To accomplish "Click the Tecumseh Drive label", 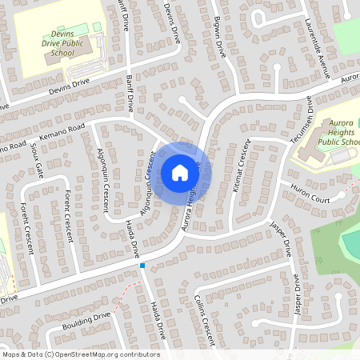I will click(x=302, y=122).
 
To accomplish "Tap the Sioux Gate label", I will click(x=35, y=161).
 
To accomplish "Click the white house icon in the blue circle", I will click(x=179, y=173).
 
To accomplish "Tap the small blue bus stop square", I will click(x=142, y=265).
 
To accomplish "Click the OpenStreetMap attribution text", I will click(x=80, y=354).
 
